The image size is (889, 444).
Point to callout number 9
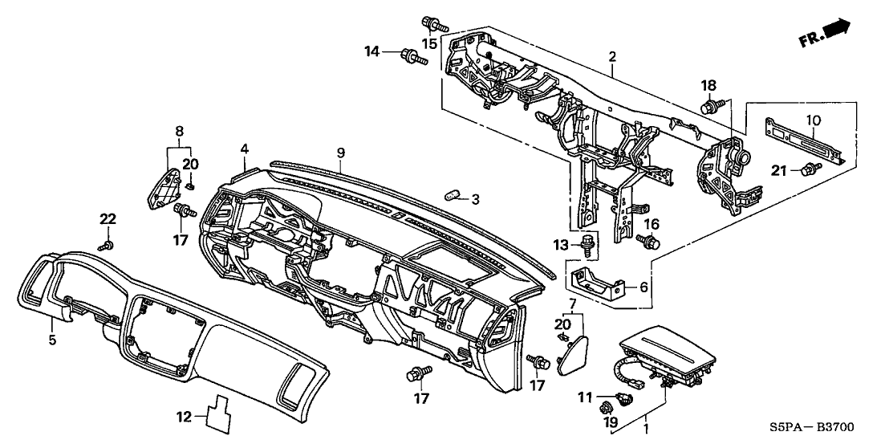click(x=340, y=153)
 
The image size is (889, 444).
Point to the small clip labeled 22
click(x=108, y=244)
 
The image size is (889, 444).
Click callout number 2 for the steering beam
click(x=611, y=57)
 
